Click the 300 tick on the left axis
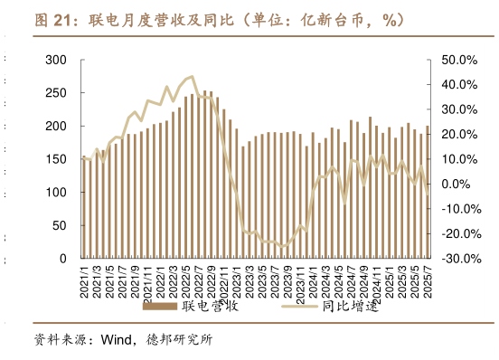point(56,60)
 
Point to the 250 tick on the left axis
point(56,93)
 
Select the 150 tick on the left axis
point(56,159)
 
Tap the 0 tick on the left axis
point(63,259)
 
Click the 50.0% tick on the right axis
point(457,60)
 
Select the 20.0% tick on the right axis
point(457,135)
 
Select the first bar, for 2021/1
point(84,208)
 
